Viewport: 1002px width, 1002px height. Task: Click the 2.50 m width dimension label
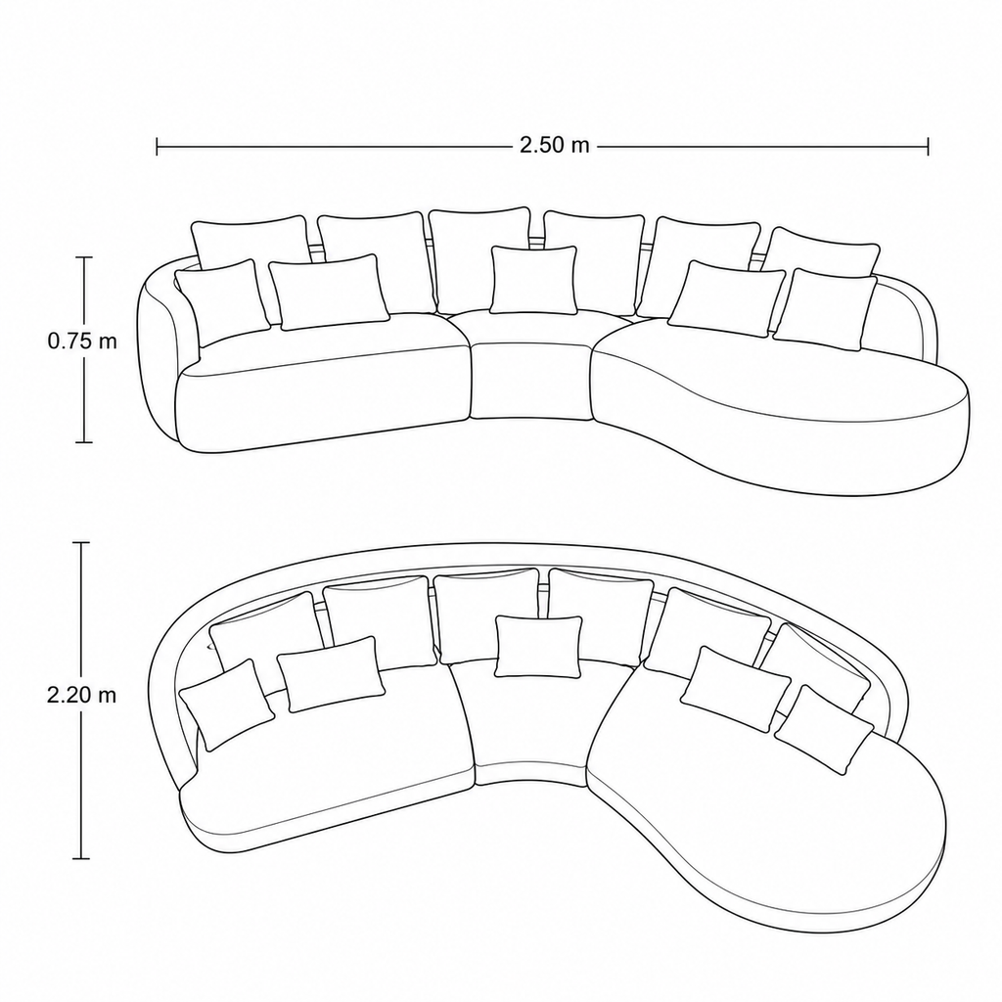coord(554,146)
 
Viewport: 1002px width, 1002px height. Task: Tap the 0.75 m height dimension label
coord(82,342)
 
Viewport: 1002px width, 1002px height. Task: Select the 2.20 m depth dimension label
coord(82,696)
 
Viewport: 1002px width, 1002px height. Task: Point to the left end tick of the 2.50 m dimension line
coord(158,147)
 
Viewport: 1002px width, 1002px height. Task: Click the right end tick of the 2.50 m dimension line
coord(928,147)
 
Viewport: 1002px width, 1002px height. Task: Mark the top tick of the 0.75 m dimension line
coord(84,257)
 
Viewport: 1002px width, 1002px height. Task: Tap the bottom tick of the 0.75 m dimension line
coord(84,441)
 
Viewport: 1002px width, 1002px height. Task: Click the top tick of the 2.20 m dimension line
coord(80,542)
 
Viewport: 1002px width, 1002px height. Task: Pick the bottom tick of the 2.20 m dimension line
coord(80,858)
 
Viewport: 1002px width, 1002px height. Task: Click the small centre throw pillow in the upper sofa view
coord(533,281)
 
